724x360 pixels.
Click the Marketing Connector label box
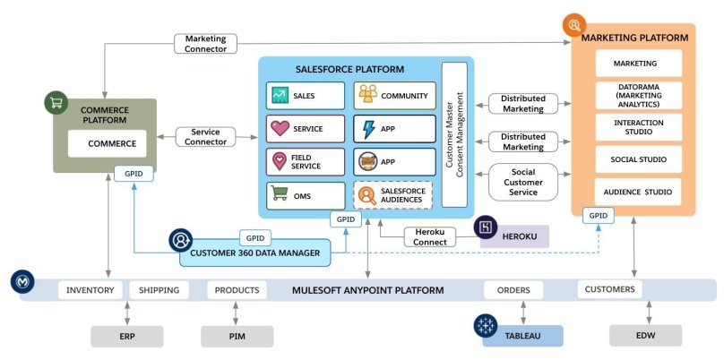(x=205, y=44)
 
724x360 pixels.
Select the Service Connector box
(x=205, y=137)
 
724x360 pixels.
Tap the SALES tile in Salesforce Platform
(x=305, y=95)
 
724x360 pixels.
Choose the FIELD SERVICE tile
(x=305, y=161)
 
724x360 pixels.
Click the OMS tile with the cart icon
(x=305, y=194)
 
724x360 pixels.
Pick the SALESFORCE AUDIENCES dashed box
(x=392, y=194)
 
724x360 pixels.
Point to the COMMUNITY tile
(x=392, y=95)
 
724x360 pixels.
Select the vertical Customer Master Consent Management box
(x=454, y=134)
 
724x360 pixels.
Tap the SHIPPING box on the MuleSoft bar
(x=159, y=290)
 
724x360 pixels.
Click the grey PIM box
(x=236, y=336)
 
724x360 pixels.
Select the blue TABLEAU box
(x=522, y=336)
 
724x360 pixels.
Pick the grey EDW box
(x=646, y=336)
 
